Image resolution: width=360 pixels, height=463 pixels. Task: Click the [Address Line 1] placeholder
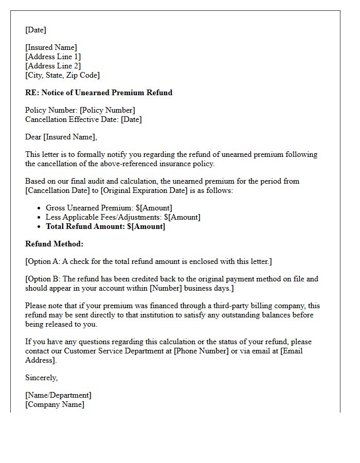coord(53,57)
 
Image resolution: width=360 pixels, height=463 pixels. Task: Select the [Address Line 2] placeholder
coord(53,66)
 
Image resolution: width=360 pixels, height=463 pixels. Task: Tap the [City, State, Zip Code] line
coord(62,75)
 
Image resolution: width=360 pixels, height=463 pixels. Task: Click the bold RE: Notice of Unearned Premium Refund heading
coord(99,93)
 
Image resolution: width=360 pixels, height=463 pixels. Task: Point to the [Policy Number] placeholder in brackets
coord(107,110)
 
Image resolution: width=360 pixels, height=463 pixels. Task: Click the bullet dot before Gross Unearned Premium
coord(39,208)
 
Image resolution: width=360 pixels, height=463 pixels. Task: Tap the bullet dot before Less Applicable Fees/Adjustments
coord(39,217)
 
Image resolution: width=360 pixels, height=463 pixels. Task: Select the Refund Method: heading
coord(54,244)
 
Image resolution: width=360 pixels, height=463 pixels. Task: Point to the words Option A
coord(44,261)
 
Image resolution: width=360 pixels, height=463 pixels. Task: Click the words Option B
coord(44,279)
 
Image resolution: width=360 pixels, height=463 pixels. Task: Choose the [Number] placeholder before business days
coord(165,288)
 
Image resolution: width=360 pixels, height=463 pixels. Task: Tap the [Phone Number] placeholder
coord(201,351)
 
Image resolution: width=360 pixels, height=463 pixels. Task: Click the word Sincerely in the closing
coord(41,378)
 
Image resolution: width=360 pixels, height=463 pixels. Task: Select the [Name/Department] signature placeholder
coord(58,395)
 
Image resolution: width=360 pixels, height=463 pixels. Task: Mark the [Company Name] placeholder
coord(55,404)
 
